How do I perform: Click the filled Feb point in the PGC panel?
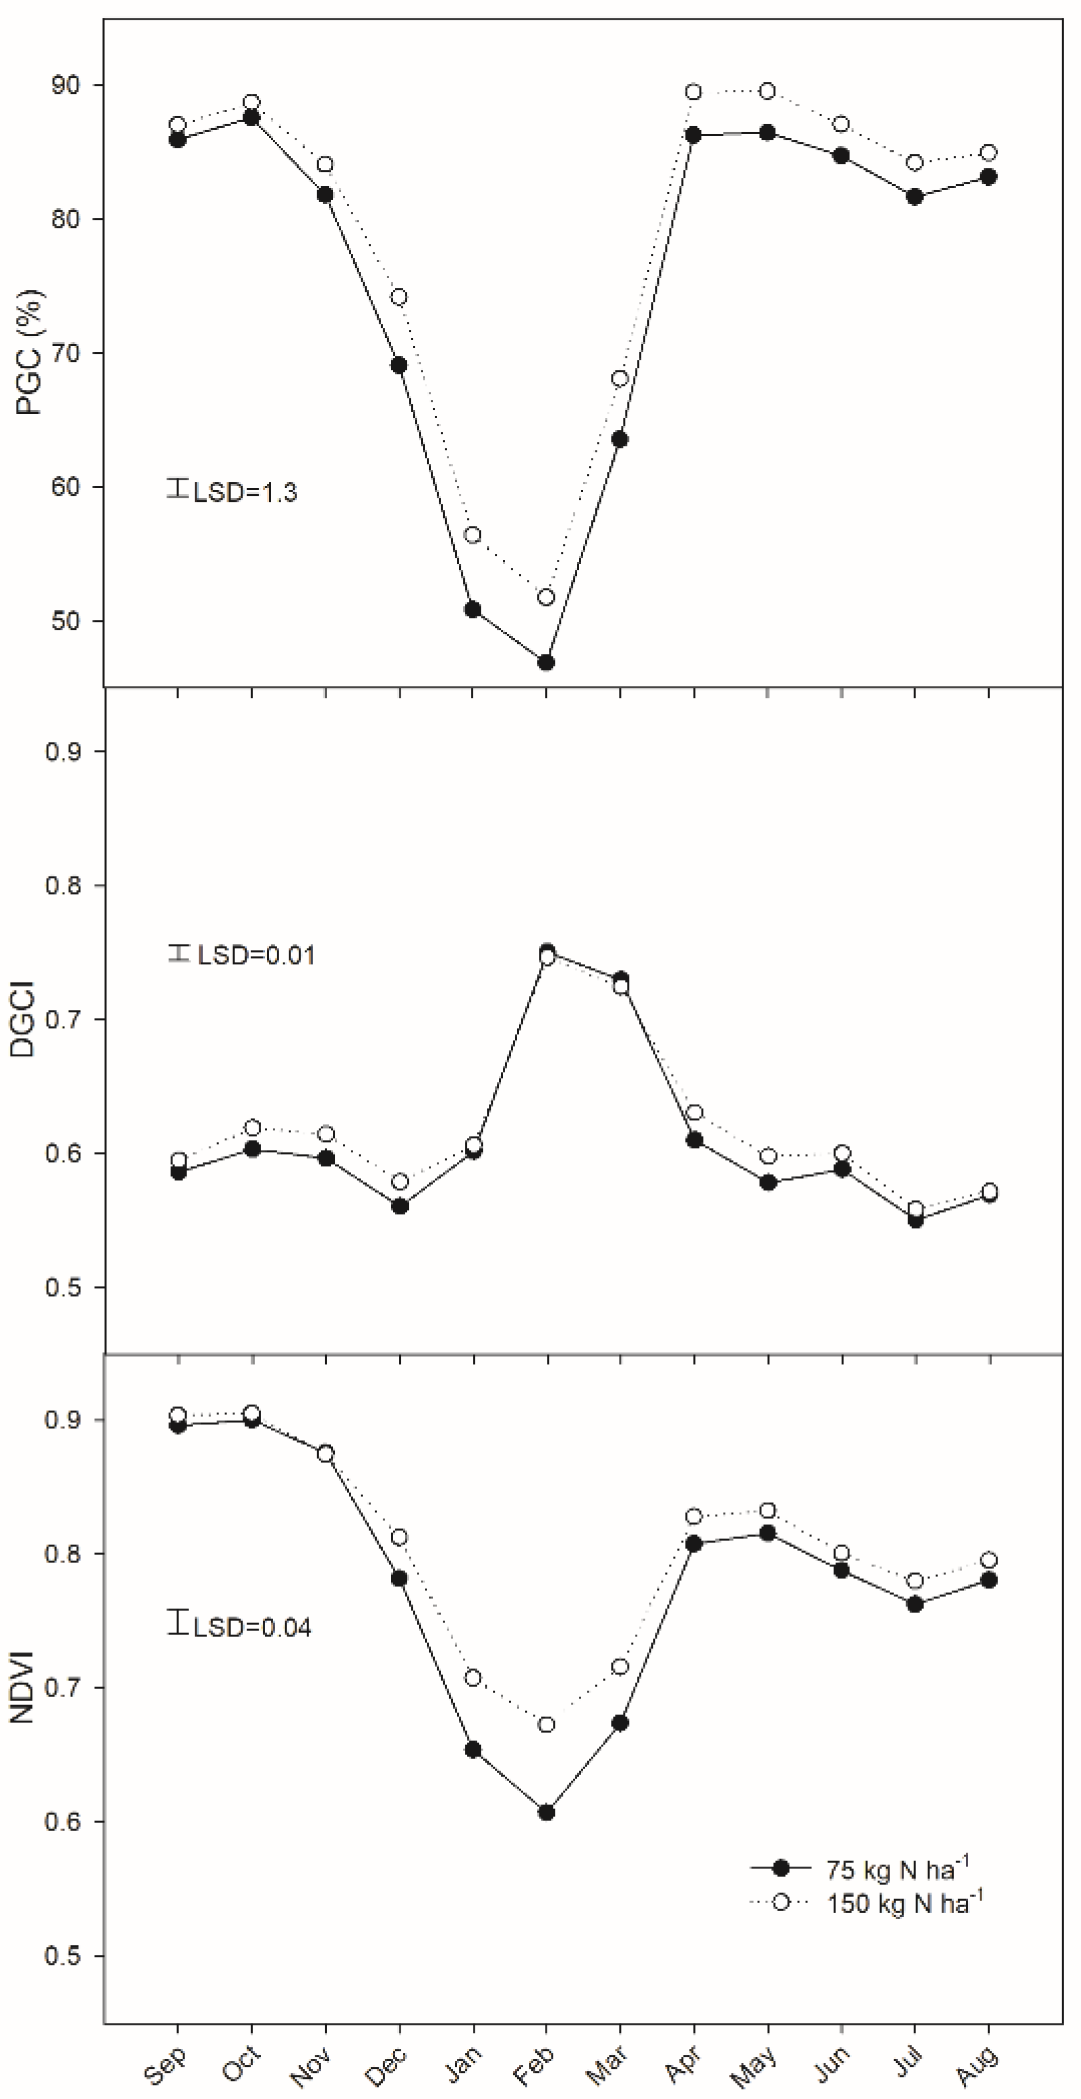(x=546, y=663)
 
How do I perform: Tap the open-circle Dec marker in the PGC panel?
(x=398, y=297)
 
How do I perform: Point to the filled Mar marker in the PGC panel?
(x=619, y=439)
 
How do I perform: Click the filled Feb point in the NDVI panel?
(x=546, y=1812)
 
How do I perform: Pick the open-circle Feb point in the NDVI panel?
(x=546, y=1725)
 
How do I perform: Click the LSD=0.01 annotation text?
(x=256, y=955)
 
